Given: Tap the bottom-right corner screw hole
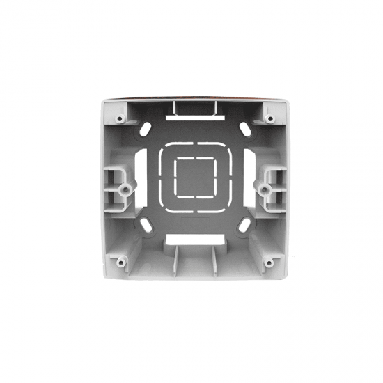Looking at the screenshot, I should [x=267, y=263].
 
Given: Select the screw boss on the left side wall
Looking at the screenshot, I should [x=123, y=188].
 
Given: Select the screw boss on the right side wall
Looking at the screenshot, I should [x=263, y=188].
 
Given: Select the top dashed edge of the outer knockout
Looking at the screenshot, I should [x=193, y=146].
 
